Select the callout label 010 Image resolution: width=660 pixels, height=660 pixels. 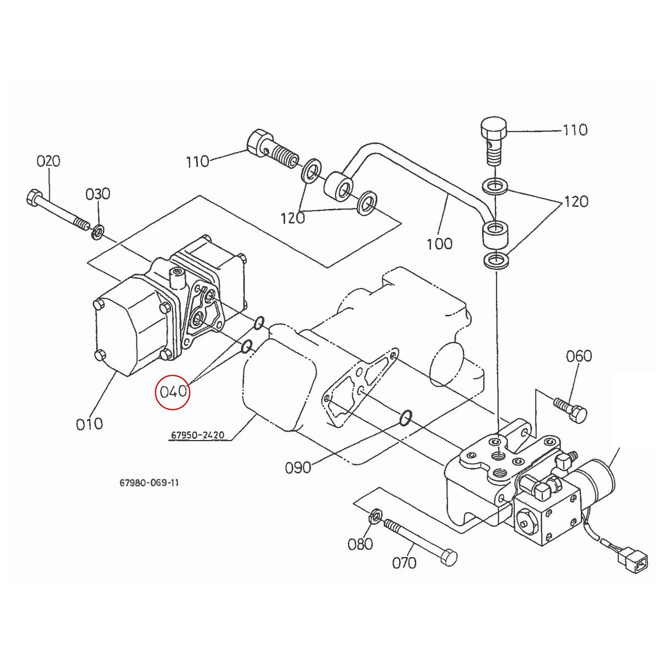pyautogui.click(x=90, y=424)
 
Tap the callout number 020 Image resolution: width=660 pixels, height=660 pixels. pyautogui.click(x=48, y=161)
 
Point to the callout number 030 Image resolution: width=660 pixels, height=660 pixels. pyautogui.click(x=98, y=194)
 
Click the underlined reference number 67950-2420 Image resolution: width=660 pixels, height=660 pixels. pyautogui.click(x=196, y=436)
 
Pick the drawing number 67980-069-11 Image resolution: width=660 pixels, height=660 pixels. pyautogui.click(x=149, y=483)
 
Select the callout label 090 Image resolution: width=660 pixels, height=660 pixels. pyautogui.click(x=298, y=468)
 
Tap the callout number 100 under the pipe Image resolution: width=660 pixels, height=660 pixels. pyautogui.click(x=439, y=243)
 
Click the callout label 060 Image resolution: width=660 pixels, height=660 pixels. pyautogui.click(x=579, y=356)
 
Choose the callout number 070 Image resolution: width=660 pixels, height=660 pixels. pyautogui.click(x=404, y=563)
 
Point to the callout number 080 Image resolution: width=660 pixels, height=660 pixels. pyautogui.click(x=360, y=544)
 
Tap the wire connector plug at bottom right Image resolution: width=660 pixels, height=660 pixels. pyautogui.click(x=628, y=562)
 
